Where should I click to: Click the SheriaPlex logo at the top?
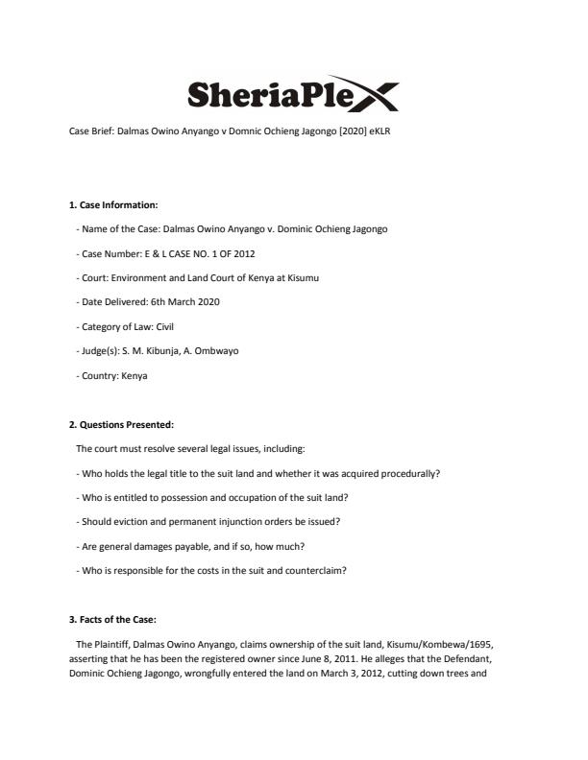pyautogui.click(x=293, y=94)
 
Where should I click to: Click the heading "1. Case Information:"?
pyautogui.click(x=113, y=204)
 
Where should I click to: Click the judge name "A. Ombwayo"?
pyautogui.click(x=212, y=351)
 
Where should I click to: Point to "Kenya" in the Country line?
pyautogui.click(x=135, y=375)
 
